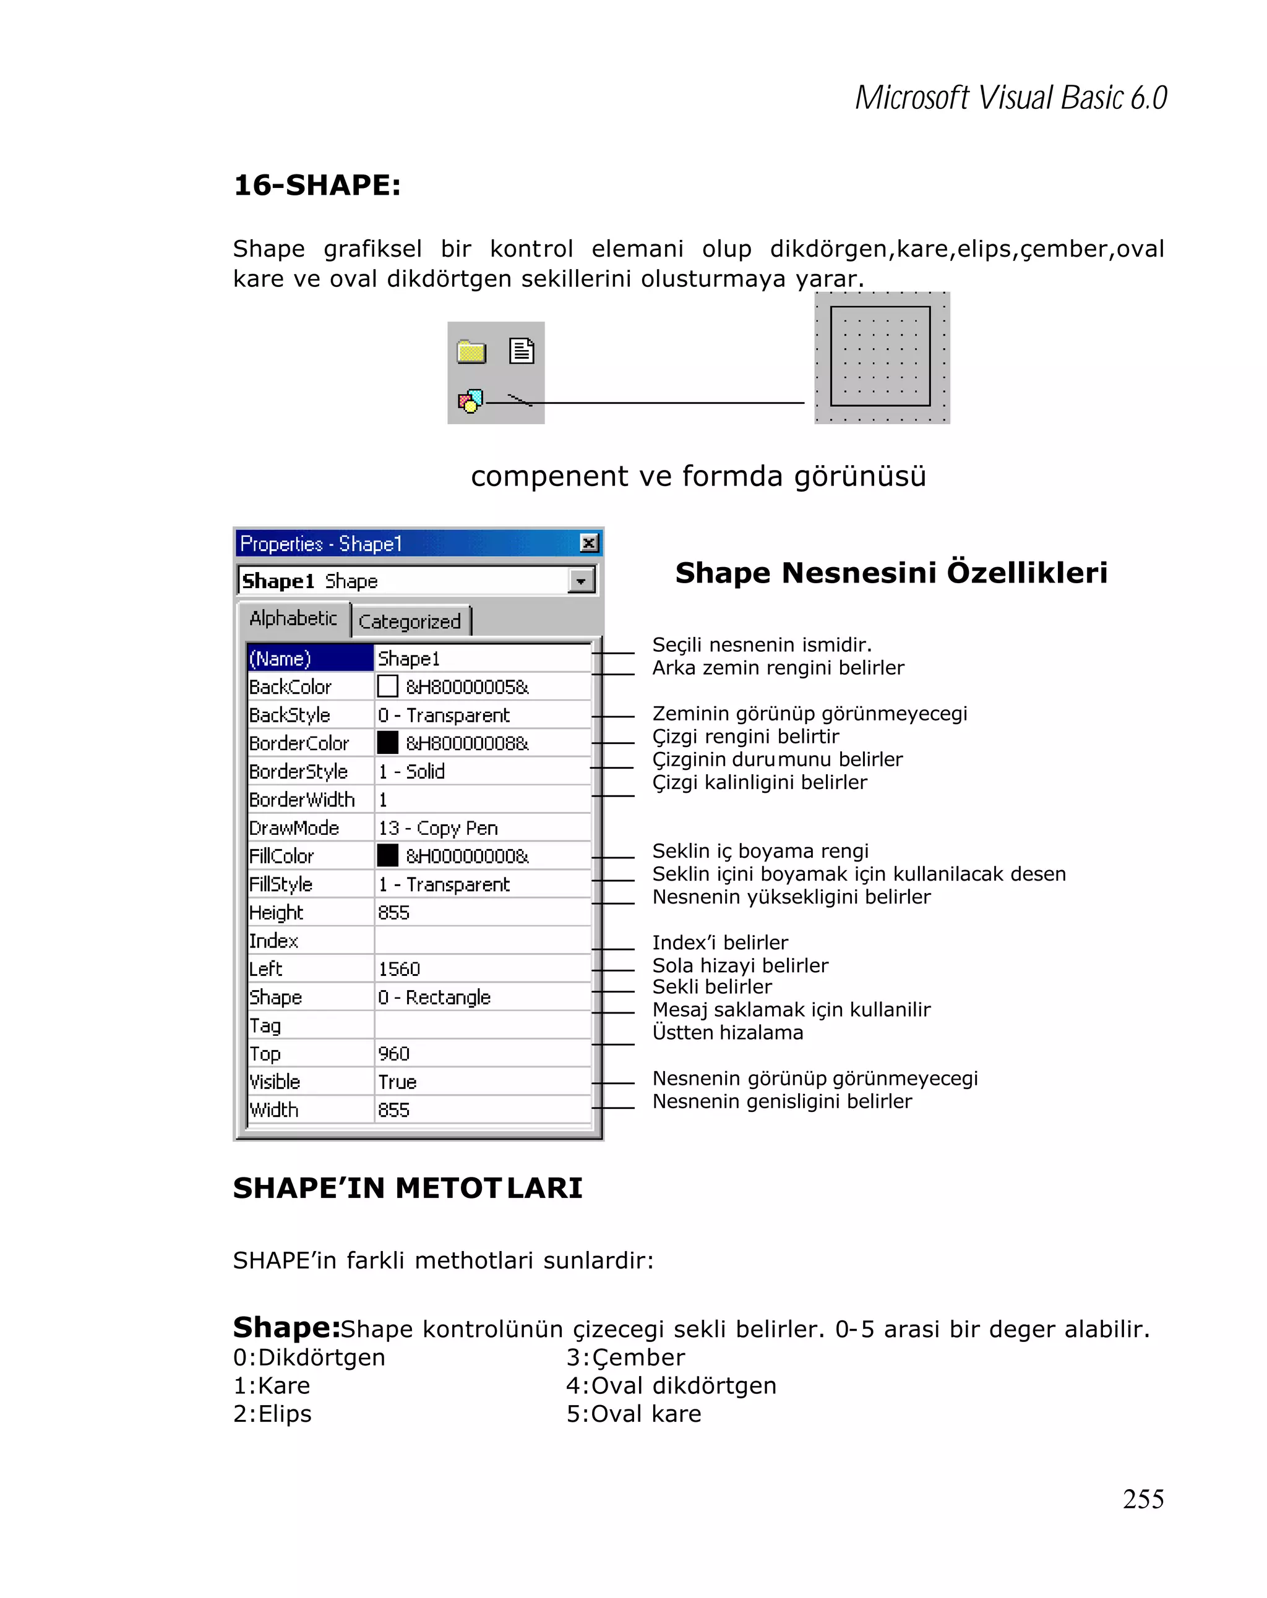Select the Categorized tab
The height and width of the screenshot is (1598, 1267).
click(409, 621)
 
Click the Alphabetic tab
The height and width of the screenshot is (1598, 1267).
click(293, 618)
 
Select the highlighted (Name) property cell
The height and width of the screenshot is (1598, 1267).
click(309, 658)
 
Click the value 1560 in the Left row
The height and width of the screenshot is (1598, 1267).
click(399, 968)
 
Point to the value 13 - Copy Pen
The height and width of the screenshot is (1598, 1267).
click(437, 828)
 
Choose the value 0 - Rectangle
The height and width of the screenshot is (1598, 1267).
click(434, 997)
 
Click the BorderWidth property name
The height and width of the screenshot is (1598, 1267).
click(302, 800)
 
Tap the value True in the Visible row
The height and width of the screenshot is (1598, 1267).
click(397, 1082)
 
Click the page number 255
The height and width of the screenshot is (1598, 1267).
click(1143, 1498)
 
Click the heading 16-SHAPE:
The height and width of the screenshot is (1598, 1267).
click(317, 186)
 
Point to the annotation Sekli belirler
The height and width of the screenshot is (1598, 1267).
click(711, 986)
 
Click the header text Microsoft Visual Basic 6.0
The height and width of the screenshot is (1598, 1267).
click(1010, 98)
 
